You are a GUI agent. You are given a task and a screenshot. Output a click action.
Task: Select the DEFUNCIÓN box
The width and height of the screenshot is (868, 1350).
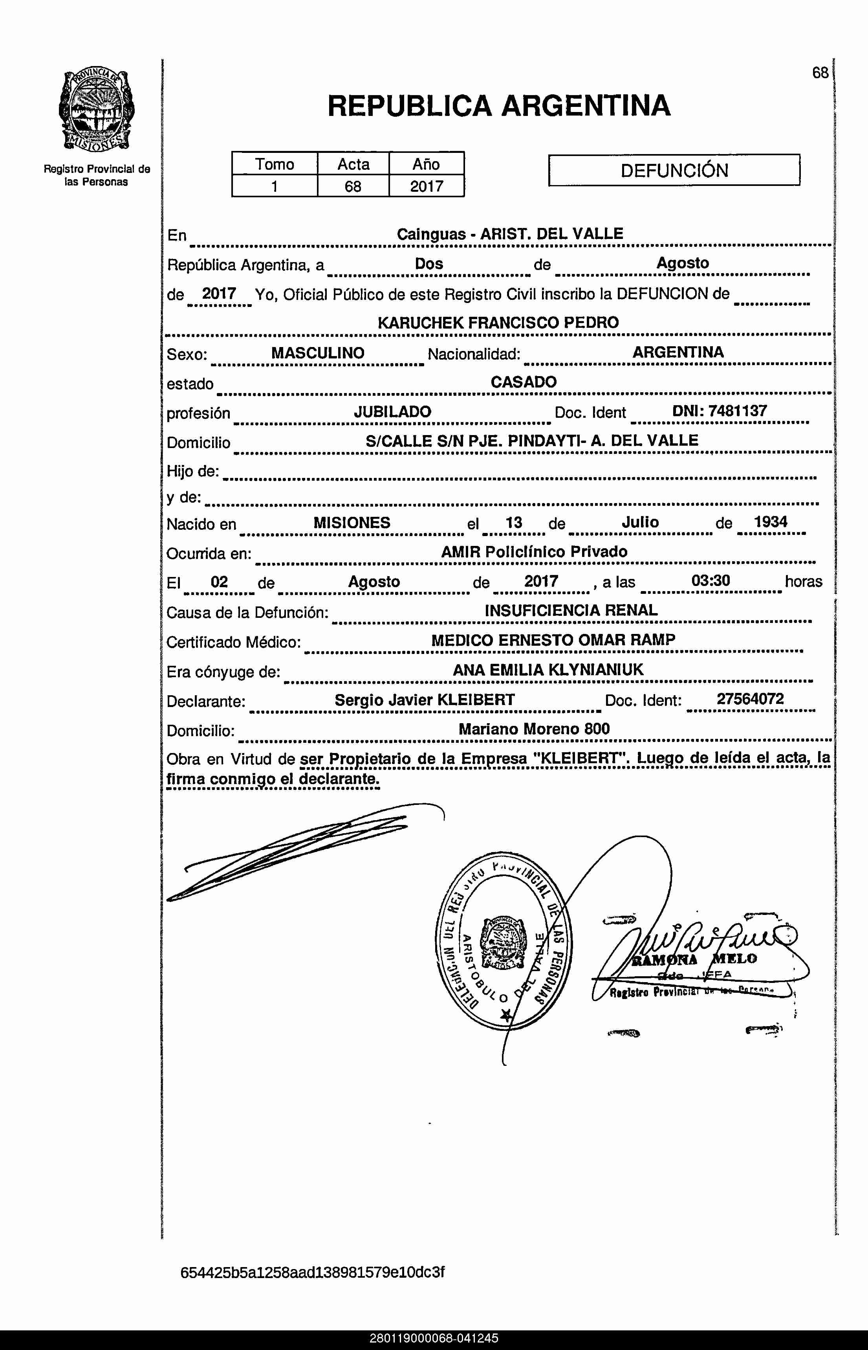[x=674, y=170]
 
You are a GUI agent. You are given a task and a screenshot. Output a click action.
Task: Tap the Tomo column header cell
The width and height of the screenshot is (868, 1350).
[x=275, y=164]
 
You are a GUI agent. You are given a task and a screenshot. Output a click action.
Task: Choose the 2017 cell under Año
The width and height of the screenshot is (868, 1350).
[x=427, y=186]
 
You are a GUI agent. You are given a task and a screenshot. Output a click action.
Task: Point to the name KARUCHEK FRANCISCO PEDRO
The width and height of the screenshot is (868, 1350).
[x=498, y=323]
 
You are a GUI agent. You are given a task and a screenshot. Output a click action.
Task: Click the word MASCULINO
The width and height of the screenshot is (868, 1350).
[x=318, y=353]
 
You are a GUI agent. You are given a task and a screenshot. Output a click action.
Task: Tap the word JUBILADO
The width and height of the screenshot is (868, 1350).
[x=392, y=411]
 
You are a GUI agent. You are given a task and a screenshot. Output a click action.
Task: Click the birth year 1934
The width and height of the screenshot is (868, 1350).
[x=771, y=522]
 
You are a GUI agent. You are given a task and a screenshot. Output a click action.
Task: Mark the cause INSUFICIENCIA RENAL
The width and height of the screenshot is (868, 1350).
[x=571, y=610]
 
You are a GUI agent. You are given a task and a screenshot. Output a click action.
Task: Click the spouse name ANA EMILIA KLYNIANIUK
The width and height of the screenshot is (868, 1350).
[x=548, y=670]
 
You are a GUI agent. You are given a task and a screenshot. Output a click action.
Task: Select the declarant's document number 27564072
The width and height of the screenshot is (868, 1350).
[x=750, y=699]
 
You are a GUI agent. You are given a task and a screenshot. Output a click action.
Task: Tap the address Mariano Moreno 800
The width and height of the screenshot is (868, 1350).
[x=534, y=729]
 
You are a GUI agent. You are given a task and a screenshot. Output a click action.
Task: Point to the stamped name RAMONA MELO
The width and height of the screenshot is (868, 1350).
[x=694, y=960]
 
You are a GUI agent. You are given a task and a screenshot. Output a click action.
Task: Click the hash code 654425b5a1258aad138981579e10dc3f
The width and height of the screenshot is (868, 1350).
[x=312, y=1273]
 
